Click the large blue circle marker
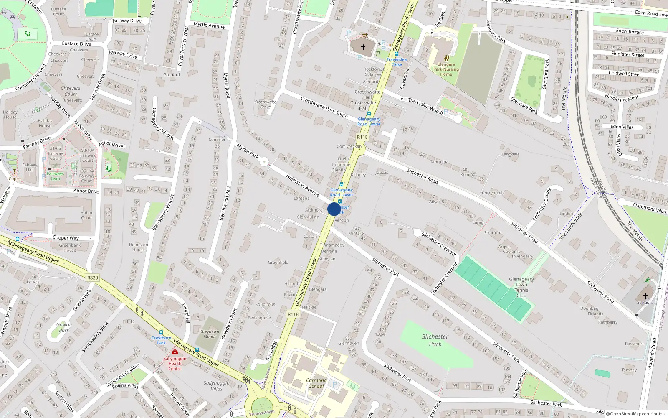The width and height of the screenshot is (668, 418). pyautogui.click(x=334, y=209)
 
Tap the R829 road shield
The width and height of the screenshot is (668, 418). pyautogui.click(x=93, y=278)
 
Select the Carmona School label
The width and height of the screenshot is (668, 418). pyautogui.click(x=316, y=383)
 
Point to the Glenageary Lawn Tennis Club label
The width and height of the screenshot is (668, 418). pyautogui.click(x=521, y=287)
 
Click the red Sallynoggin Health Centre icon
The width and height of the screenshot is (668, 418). pyautogui.click(x=175, y=352)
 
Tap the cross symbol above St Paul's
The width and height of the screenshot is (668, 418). pyautogui.click(x=645, y=296)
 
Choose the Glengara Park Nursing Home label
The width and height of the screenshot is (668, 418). pyautogui.click(x=446, y=69)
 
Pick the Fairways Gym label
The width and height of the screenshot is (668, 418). pyautogui.click(x=56, y=176)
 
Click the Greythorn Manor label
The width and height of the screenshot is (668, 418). pyautogui.click(x=210, y=334)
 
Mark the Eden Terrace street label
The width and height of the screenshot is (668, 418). pyautogui.click(x=630, y=31)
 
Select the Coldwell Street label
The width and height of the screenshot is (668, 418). pyautogui.click(x=625, y=73)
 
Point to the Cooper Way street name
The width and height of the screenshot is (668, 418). pyautogui.click(x=66, y=238)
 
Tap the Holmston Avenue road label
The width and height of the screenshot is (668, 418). pyautogui.click(x=303, y=186)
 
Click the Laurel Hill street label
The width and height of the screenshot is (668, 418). pyautogui.click(x=186, y=313)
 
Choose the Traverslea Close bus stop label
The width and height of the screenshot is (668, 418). pyautogui.click(x=397, y=62)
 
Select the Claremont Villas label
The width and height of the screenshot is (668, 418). pyautogui.click(x=650, y=208)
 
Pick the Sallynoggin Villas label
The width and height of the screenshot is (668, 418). pyautogui.click(x=216, y=385)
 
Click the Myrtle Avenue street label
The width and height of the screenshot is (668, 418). pyautogui.click(x=209, y=25)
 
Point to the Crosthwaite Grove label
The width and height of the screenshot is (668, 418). pyautogui.click(x=265, y=104)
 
